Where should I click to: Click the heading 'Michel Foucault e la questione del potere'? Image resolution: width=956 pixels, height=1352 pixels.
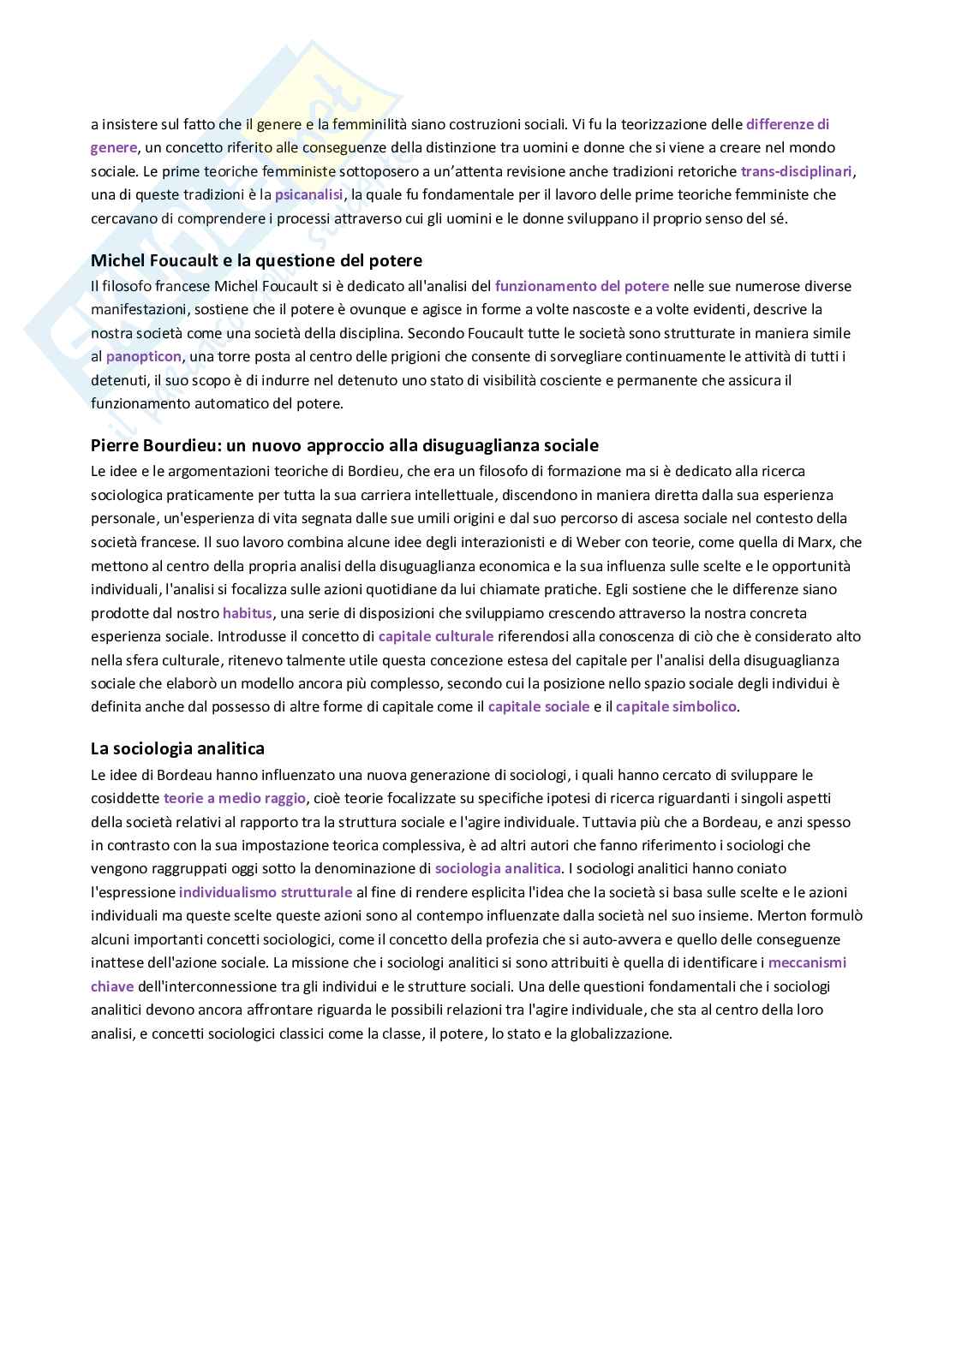tap(256, 260)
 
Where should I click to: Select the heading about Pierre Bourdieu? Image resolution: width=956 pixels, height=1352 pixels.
tap(344, 445)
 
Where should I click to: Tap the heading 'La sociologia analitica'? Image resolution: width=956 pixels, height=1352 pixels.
tap(177, 748)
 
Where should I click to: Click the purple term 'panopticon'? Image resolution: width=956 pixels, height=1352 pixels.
tap(143, 356)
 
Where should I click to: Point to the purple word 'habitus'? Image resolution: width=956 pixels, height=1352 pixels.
tap(247, 613)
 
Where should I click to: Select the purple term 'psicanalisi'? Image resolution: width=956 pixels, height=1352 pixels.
tap(308, 194)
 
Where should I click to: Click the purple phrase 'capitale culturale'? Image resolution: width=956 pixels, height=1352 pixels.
tap(435, 636)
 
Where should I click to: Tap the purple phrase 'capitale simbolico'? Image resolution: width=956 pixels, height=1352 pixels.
tap(675, 706)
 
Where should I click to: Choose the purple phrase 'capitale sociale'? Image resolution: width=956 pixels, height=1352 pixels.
tap(538, 706)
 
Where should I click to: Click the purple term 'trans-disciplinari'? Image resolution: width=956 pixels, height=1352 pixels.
tap(796, 171)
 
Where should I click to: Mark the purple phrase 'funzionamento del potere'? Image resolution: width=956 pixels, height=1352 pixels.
tap(582, 286)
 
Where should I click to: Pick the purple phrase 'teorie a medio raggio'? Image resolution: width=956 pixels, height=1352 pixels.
tap(234, 798)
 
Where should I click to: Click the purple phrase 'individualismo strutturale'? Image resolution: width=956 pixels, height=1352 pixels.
tap(266, 892)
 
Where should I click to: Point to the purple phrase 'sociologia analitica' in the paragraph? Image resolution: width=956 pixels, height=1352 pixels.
tap(498, 868)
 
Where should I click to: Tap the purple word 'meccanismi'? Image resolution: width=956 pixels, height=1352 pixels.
tap(807, 962)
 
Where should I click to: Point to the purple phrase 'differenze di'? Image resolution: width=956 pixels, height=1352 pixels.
tap(787, 124)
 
